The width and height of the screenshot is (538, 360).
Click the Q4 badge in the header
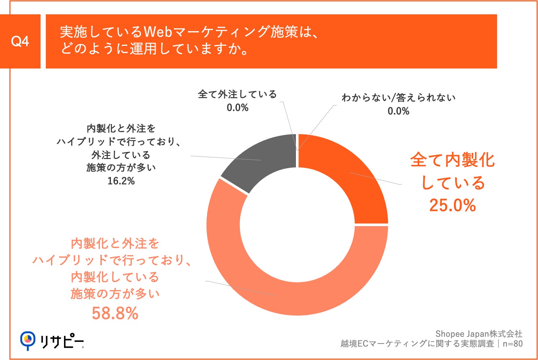20,42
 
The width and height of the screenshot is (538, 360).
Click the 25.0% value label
452,205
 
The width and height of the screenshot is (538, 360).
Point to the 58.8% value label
115,313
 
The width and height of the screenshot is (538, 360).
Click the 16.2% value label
121,181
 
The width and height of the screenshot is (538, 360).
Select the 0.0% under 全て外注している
238,108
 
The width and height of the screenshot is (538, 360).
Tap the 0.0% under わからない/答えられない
398,111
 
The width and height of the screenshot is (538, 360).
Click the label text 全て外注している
238,94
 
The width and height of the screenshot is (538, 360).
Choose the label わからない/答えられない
398,98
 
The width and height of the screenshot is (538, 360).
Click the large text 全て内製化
452,160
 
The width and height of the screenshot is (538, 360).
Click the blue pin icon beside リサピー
28,340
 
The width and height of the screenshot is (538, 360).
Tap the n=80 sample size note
512,344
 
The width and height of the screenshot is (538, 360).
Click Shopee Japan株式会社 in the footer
479,334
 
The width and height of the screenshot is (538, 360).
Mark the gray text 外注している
121,155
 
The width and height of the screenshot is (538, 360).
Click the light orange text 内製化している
115,277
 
